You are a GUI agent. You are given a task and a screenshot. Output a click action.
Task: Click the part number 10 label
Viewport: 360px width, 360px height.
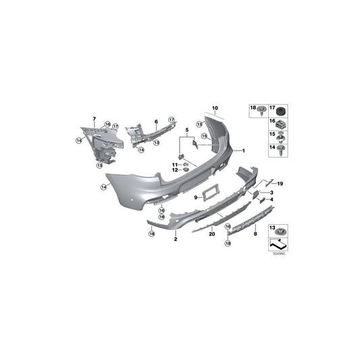(x=215, y=108)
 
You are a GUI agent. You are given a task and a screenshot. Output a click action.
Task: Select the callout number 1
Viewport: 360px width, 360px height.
(x=244, y=151)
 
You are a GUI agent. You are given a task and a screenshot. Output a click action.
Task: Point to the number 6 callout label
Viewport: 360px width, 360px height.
(x=155, y=122)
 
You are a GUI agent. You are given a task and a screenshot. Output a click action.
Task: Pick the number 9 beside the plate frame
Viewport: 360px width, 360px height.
(x=196, y=197)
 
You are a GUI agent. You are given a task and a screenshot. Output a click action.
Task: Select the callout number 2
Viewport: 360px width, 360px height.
(x=175, y=239)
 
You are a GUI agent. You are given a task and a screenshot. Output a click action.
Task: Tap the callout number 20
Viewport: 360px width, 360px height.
(x=211, y=234)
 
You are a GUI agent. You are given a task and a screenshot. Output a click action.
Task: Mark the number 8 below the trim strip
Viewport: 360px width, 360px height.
(x=255, y=234)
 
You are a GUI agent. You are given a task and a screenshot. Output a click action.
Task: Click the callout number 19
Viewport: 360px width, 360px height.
(x=280, y=184)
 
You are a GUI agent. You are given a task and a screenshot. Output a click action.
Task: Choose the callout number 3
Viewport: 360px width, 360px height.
(x=271, y=192)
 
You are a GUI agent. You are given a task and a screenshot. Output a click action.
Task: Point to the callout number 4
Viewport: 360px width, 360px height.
(x=271, y=199)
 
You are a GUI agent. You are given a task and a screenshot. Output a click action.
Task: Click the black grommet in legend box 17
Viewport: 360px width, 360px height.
(x=282, y=110)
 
